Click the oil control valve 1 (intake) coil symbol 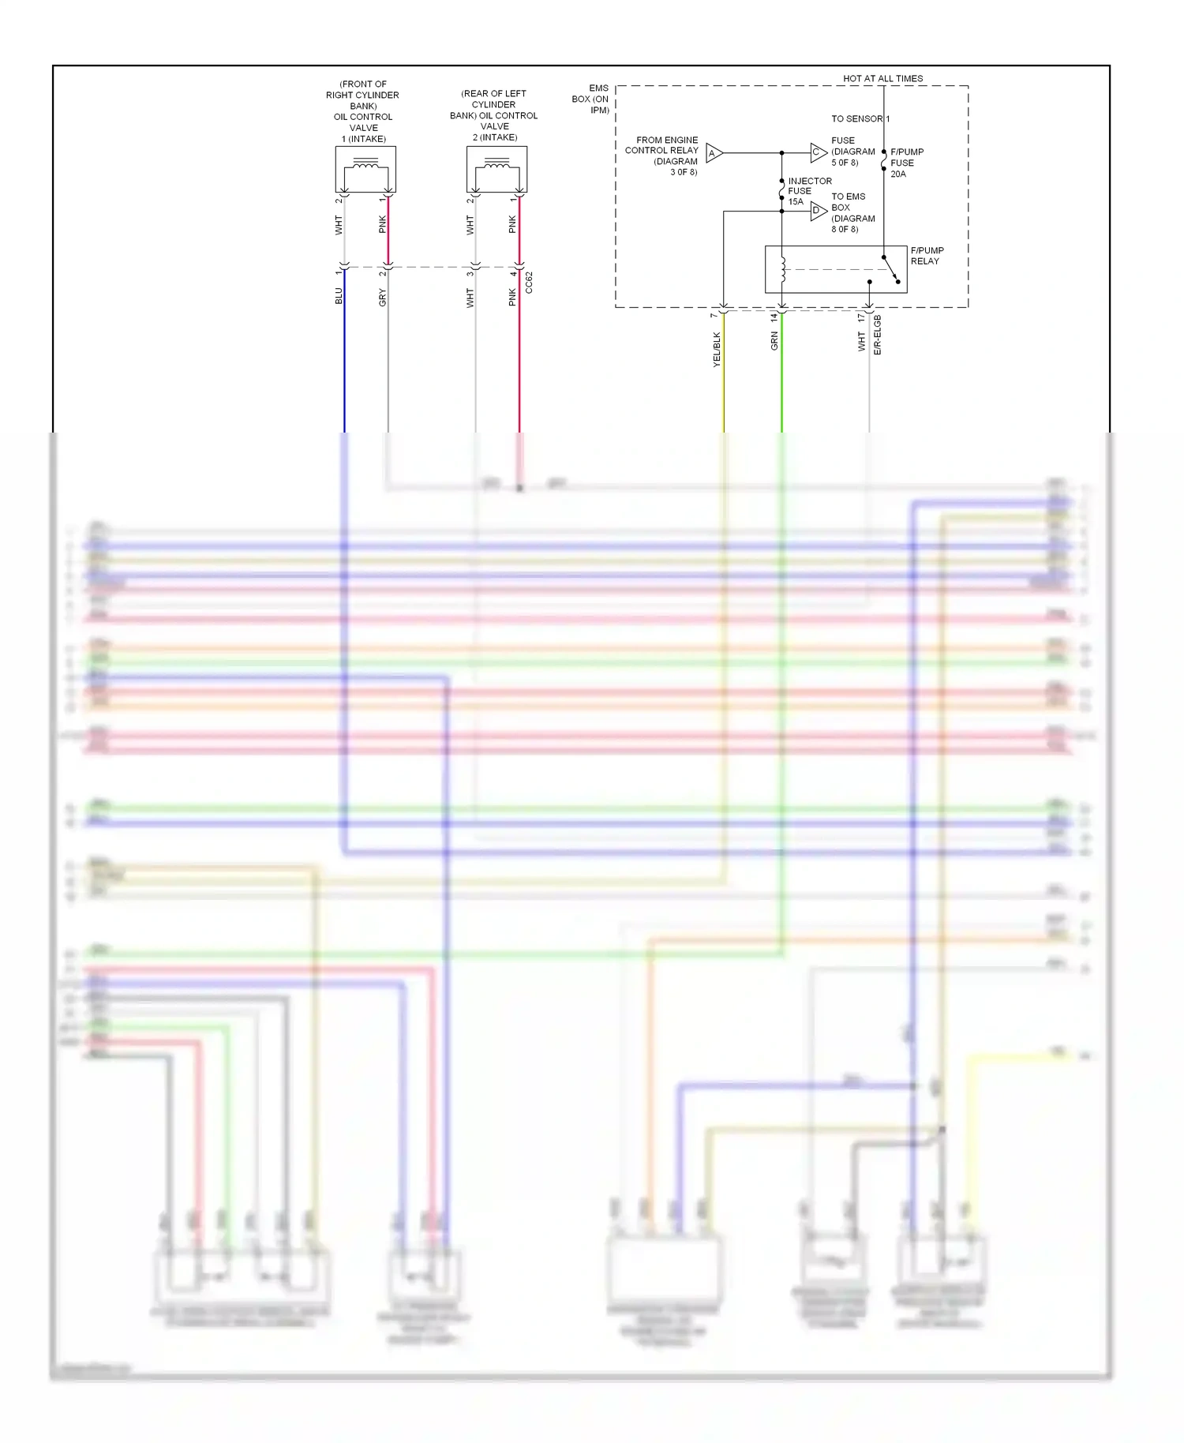click(365, 169)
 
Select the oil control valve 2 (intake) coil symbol click(496, 169)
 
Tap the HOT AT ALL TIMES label click(882, 78)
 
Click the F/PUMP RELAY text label click(927, 256)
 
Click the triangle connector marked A click(714, 153)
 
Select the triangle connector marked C click(818, 152)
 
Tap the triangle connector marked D click(818, 211)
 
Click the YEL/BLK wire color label click(717, 349)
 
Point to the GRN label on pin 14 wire click(774, 341)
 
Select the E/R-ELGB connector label click(878, 335)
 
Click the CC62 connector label click(529, 283)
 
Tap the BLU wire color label click(339, 296)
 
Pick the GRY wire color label click(383, 298)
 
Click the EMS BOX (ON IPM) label click(591, 99)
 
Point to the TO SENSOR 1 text click(860, 118)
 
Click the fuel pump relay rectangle click(835, 270)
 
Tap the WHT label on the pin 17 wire click(862, 341)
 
